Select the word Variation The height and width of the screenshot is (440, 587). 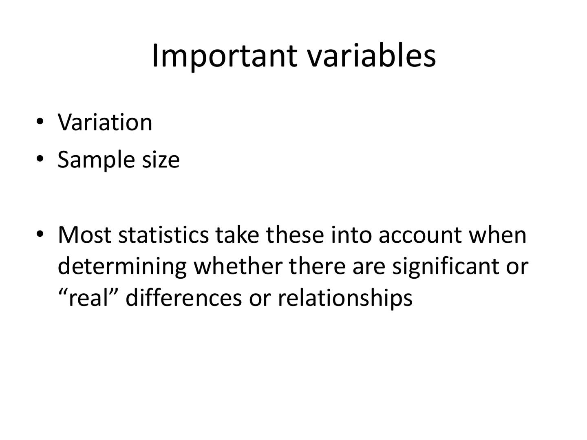[x=105, y=122]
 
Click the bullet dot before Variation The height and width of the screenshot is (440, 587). [x=40, y=122]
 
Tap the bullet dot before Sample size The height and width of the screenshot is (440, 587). [x=40, y=159]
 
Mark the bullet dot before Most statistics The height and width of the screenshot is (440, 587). [x=40, y=234]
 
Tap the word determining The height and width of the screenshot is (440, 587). [x=122, y=266]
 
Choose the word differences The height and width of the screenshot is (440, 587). [x=183, y=298]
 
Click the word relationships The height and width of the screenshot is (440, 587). [x=345, y=298]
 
